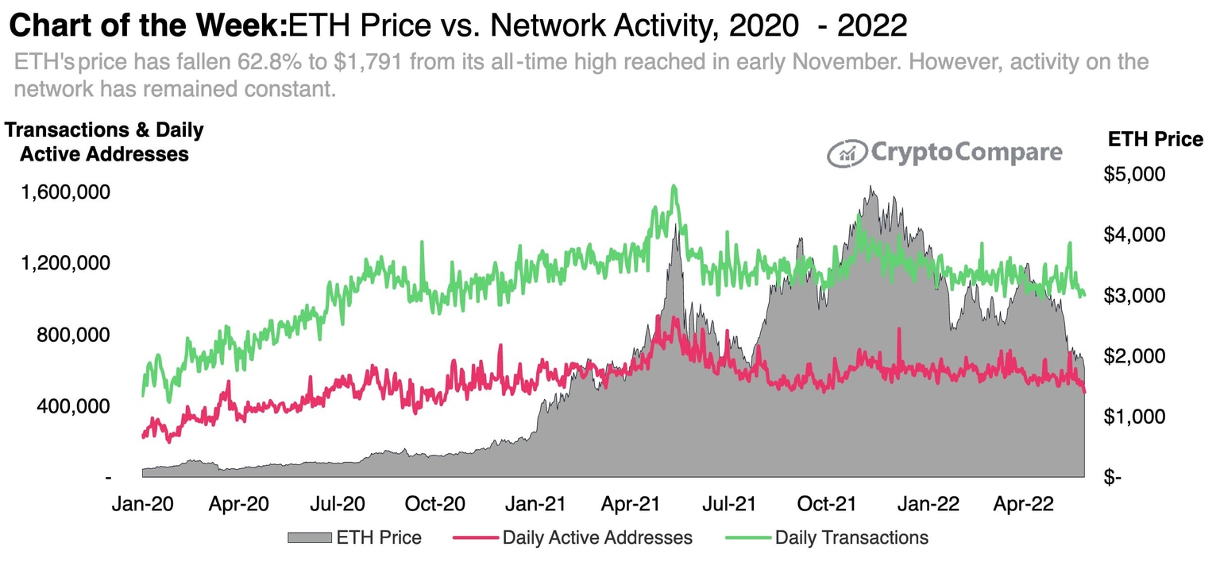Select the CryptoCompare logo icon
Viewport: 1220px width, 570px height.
coord(847,153)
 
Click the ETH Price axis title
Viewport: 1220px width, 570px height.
coord(1155,140)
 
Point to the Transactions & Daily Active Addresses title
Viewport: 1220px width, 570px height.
coord(104,142)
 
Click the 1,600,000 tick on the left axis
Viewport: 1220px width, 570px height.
coord(64,192)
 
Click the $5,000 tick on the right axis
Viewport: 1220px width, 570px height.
coord(1133,174)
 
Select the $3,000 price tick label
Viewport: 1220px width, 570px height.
coord(1133,295)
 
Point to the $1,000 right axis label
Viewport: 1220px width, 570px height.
coord(1133,417)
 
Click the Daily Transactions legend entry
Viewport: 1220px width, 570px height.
coord(851,537)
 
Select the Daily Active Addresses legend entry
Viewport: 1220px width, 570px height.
coord(596,537)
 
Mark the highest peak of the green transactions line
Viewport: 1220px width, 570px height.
coord(674,187)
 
